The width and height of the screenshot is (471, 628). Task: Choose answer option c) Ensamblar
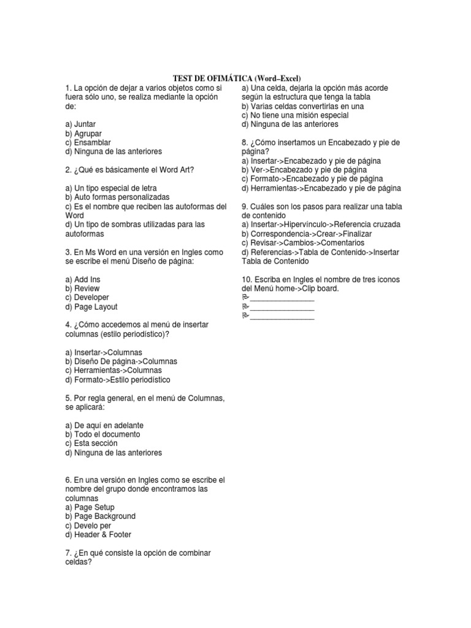coord(88,142)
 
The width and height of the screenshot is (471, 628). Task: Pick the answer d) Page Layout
coord(91,307)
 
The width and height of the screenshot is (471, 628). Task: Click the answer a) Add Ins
coord(82,279)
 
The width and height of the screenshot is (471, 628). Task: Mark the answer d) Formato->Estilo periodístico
coord(117,380)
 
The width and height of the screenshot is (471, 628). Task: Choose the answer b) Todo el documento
coord(102,434)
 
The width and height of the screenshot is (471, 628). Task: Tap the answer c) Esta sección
coord(91,443)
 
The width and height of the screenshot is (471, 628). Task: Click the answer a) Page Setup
coord(90,507)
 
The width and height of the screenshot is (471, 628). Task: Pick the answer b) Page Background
coord(100,516)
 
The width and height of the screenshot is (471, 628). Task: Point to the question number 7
coord(67,553)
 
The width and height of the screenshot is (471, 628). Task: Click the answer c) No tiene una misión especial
coord(295,115)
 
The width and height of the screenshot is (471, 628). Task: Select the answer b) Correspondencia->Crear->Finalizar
coord(307,234)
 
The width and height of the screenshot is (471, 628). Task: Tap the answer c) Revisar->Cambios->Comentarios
coord(302,243)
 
